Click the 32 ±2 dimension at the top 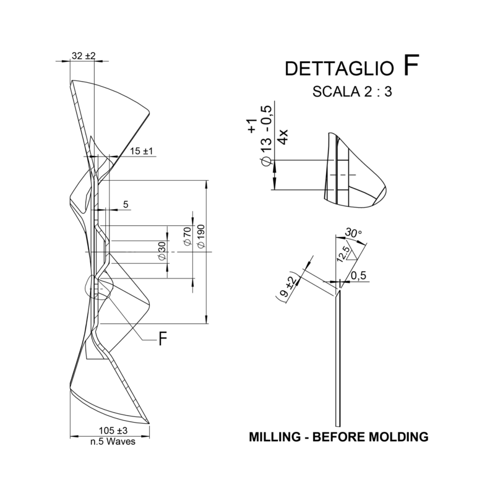tap(84, 56)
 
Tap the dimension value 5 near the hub tap(126, 204)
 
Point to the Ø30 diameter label tap(162, 251)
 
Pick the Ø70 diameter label tap(187, 237)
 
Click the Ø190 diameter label tap(200, 237)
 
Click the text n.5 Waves tap(113, 441)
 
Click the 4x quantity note tap(282, 137)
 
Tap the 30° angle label tap(354, 233)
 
